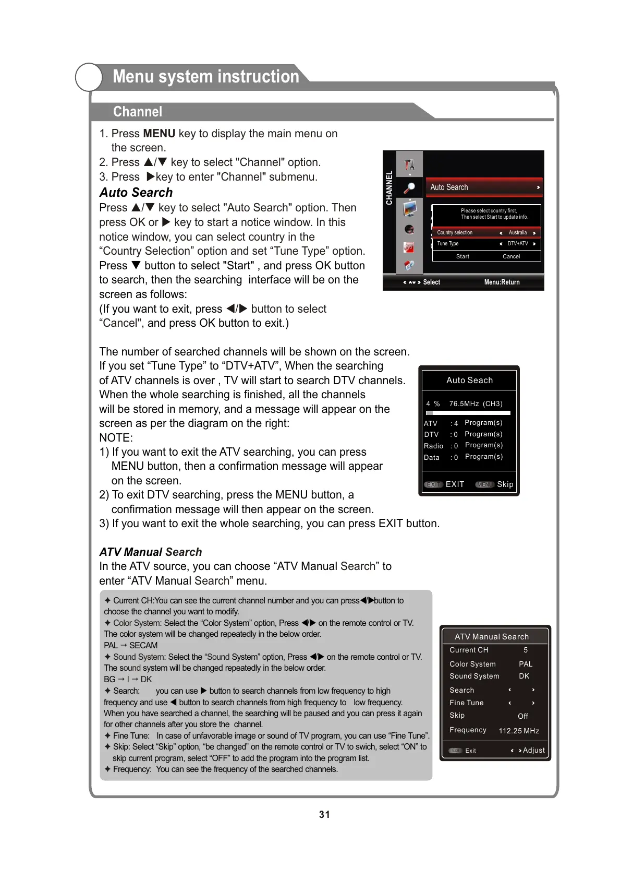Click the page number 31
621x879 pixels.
pyautogui.click(x=324, y=814)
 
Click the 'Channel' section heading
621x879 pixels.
pyautogui.click(x=138, y=112)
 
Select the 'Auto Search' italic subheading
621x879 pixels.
pyautogui.click(x=136, y=193)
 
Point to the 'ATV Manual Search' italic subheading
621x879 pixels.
pyautogui.click(x=151, y=552)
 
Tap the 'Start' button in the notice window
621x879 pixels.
pyautogui.click(x=462, y=256)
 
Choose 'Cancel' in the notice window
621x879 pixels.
pyautogui.click(x=511, y=256)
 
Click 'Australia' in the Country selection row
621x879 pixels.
pyautogui.click(x=518, y=233)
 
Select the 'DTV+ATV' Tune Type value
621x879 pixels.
pyautogui.click(x=518, y=244)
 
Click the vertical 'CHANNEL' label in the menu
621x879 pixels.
pyautogui.click(x=389, y=188)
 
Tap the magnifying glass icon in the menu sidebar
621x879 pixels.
pyautogui.click(x=409, y=188)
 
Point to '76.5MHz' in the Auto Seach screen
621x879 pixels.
pyautogui.click(x=464, y=403)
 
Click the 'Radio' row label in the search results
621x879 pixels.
pyautogui.click(x=433, y=446)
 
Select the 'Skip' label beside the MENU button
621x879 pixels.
pyautogui.click(x=505, y=484)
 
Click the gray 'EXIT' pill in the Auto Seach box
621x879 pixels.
pyautogui.click(x=433, y=484)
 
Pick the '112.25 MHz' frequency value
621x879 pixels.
pyautogui.click(x=519, y=731)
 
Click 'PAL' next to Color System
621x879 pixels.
pyautogui.click(x=526, y=664)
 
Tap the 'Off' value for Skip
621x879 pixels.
pyautogui.click(x=523, y=716)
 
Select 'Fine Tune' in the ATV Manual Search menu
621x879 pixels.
pyautogui.click(x=467, y=703)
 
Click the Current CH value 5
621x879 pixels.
pyautogui.click(x=526, y=650)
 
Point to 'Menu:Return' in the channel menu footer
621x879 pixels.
pyautogui.click(x=502, y=282)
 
